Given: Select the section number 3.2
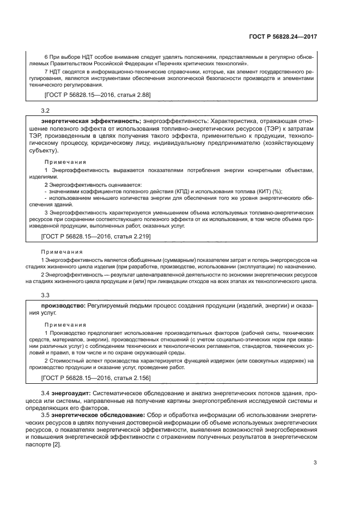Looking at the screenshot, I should click(46, 110).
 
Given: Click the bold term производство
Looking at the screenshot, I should click(60, 306).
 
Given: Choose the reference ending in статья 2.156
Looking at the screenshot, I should click(96, 377).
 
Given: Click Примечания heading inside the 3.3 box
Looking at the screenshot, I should click(65, 324).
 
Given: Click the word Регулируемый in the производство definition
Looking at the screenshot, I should click(109, 306).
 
